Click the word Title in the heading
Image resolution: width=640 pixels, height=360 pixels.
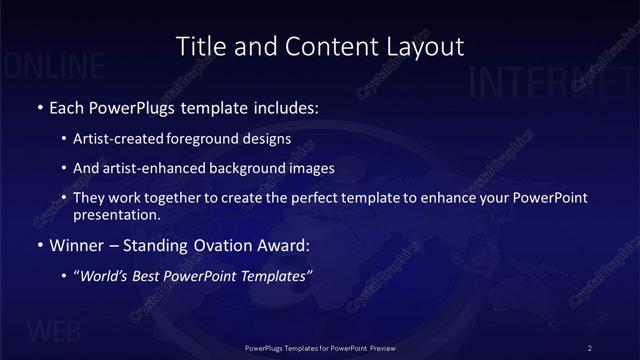point(199,46)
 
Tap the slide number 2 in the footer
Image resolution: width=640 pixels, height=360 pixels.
point(591,348)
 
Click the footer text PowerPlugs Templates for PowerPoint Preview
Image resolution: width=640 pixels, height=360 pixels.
point(320,348)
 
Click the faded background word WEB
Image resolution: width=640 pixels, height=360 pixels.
point(55,331)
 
